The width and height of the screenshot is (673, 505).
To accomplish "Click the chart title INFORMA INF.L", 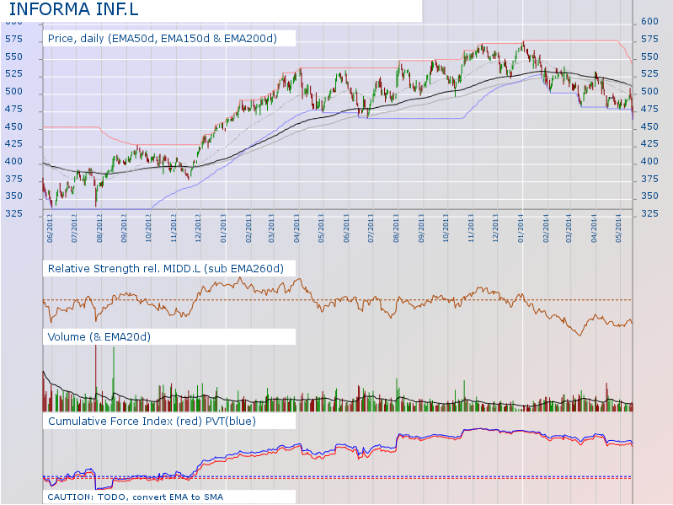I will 74,10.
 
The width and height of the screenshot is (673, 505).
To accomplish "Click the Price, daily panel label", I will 162,38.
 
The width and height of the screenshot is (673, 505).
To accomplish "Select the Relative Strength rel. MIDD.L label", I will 165,268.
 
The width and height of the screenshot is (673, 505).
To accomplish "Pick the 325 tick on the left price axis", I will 13,214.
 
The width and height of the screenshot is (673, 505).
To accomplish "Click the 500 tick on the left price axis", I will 13,91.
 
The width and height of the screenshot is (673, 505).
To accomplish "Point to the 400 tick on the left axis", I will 13,161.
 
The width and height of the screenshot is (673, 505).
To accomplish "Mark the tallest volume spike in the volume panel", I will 95,371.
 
